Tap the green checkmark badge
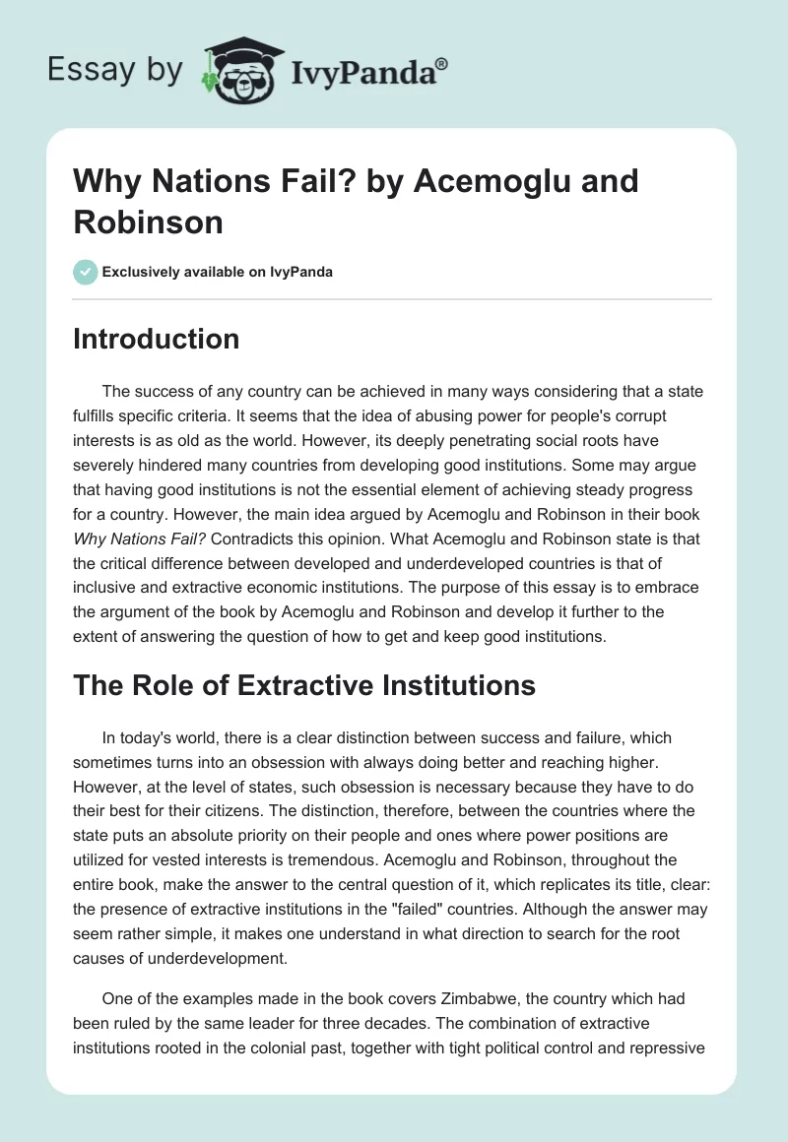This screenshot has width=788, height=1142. (x=86, y=272)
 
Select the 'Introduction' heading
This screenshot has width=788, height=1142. (x=156, y=339)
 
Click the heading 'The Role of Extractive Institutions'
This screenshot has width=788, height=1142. (x=303, y=685)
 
